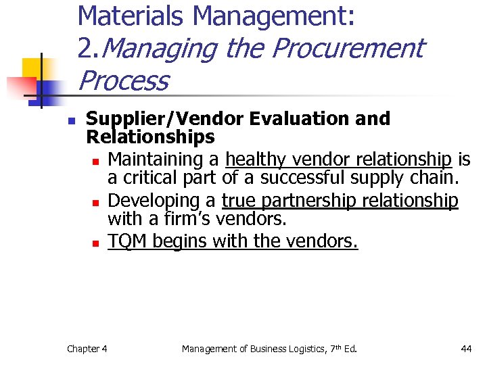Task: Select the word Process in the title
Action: pos(123,81)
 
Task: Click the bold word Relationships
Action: pos(150,138)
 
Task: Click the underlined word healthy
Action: pos(252,160)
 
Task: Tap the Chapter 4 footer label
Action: pos(87,349)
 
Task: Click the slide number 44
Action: pos(466,349)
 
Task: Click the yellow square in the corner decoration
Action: pos(32,68)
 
